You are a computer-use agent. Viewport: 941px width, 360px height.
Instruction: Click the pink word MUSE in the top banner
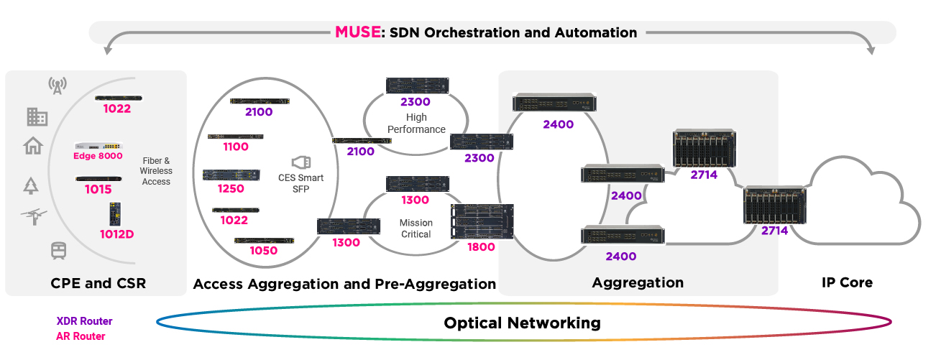click(357, 32)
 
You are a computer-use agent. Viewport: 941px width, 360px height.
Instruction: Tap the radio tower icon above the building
click(58, 86)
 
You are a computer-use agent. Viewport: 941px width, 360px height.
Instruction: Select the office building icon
click(37, 116)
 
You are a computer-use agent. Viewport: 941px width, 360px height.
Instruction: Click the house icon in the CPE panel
click(33, 147)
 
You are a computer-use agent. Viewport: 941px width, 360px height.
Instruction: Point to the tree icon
click(31, 185)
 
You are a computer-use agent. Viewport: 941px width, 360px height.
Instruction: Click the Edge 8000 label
click(98, 156)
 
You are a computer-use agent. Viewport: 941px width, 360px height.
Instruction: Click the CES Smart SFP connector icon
click(300, 162)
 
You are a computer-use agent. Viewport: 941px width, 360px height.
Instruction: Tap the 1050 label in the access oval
click(263, 250)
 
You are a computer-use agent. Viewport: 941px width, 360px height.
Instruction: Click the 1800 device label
click(480, 246)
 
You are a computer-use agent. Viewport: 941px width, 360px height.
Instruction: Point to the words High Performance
click(416, 123)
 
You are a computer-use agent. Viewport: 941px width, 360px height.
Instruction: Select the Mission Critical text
click(416, 229)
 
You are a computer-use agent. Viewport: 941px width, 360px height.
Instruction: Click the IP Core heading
click(847, 282)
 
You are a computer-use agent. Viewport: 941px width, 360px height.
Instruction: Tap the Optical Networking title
click(522, 323)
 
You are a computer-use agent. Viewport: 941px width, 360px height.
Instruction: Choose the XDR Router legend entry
click(84, 321)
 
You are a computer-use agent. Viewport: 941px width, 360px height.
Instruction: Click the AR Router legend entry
click(81, 336)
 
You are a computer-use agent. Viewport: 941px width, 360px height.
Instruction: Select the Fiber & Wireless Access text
click(156, 171)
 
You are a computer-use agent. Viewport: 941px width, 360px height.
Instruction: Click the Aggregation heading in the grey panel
click(638, 282)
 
